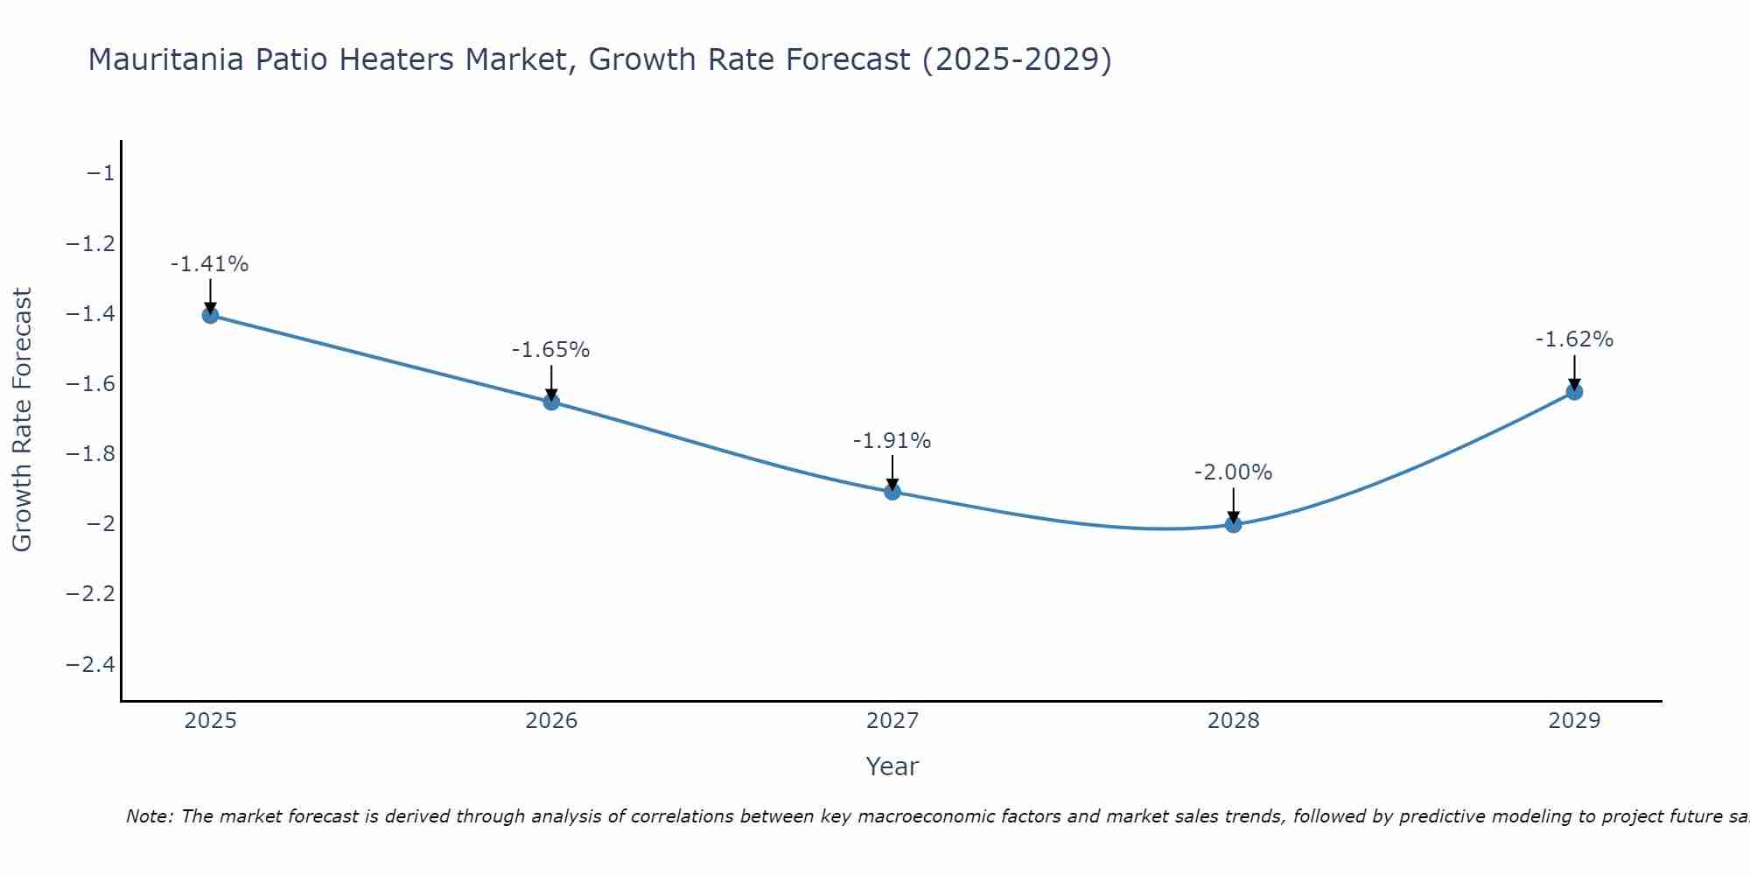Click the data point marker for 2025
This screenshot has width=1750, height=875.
[210, 315]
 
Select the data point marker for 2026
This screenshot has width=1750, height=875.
[551, 402]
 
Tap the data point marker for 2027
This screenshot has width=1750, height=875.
[892, 492]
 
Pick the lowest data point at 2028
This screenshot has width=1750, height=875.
[1233, 524]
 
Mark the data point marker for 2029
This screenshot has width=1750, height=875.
[1574, 391]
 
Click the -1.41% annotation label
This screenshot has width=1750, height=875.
[210, 264]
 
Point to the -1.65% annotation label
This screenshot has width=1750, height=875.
[551, 350]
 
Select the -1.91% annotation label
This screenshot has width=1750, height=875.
[892, 441]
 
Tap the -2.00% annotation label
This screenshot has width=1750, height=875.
[1233, 472]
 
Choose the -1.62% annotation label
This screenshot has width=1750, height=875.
[1574, 339]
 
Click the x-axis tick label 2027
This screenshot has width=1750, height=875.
[892, 721]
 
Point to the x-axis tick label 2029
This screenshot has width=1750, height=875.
[1574, 721]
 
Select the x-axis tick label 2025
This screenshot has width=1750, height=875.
[210, 721]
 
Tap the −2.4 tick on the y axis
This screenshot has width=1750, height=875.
[91, 664]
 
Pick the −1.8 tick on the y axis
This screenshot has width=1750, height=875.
[91, 454]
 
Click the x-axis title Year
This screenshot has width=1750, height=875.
[892, 766]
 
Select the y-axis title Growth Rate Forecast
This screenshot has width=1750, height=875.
[23, 420]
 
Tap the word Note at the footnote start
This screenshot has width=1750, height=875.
[150, 816]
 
